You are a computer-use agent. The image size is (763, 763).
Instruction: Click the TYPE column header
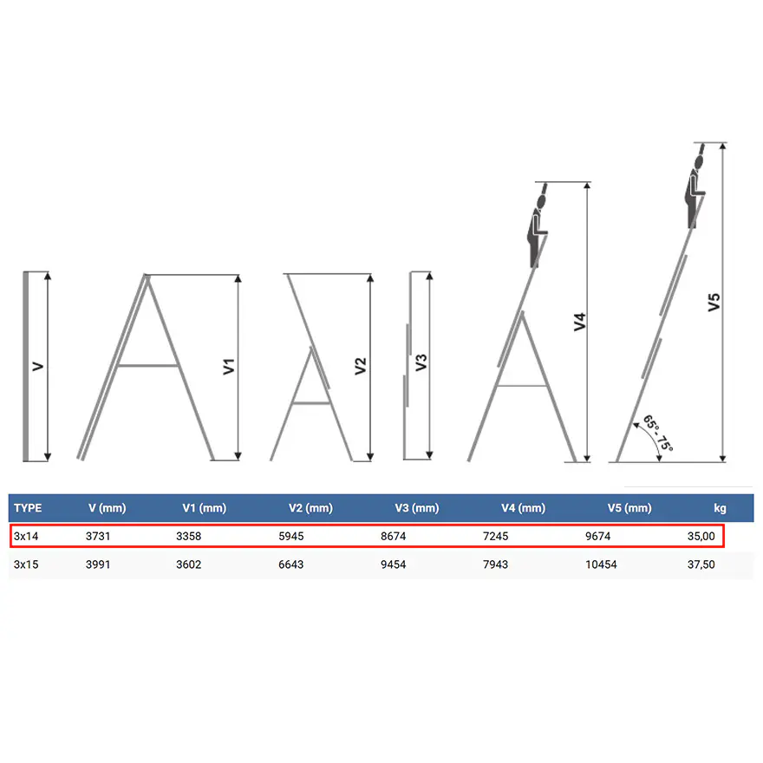pos(28,508)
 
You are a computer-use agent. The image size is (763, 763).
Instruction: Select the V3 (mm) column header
pos(416,508)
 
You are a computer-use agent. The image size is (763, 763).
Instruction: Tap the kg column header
pos(720,508)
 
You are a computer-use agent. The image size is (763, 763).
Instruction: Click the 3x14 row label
pos(26,536)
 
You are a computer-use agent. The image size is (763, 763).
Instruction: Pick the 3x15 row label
pos(26,564)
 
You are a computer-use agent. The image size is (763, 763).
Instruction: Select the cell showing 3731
pos(98,536)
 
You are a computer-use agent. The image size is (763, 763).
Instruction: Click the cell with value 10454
pos(601,564)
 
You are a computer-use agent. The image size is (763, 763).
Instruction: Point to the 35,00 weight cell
pos(701,536)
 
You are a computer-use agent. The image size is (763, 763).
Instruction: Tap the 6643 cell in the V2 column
pos(291,564)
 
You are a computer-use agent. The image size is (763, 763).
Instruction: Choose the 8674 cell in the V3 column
pos(393,536)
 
